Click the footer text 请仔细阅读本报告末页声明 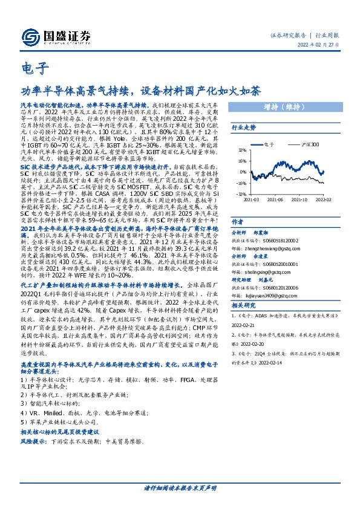pyautogui.click(x=180, y=487)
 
